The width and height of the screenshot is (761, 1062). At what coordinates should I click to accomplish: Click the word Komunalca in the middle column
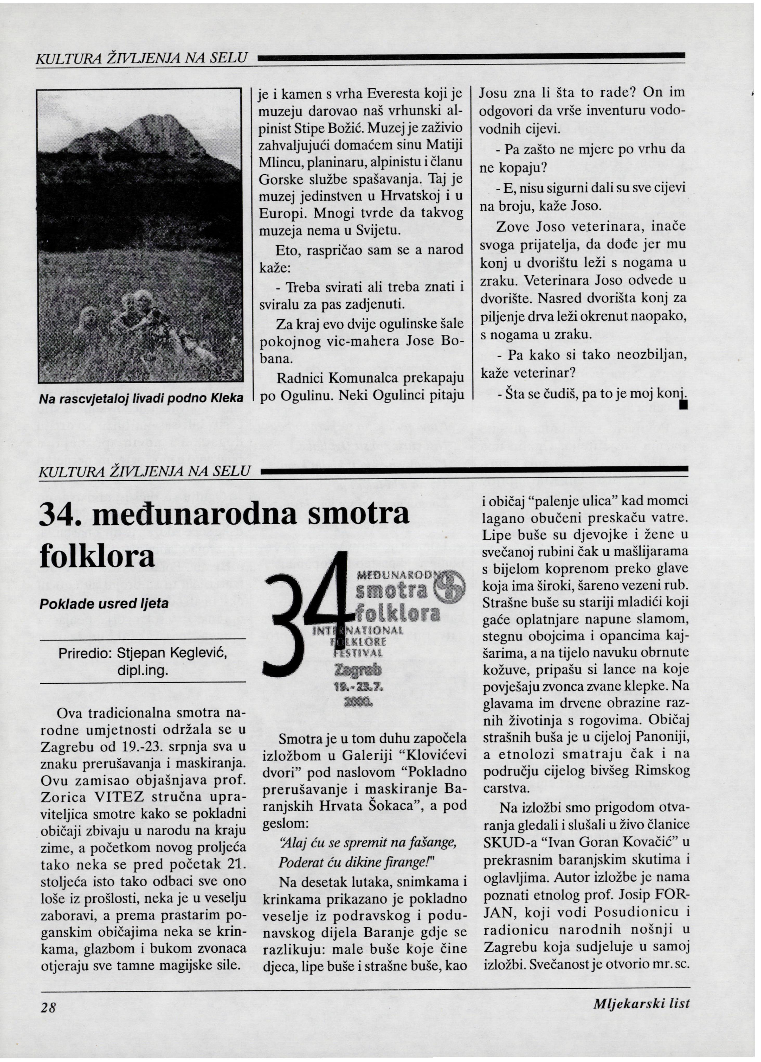pyautogui.click(x=368, y=377)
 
